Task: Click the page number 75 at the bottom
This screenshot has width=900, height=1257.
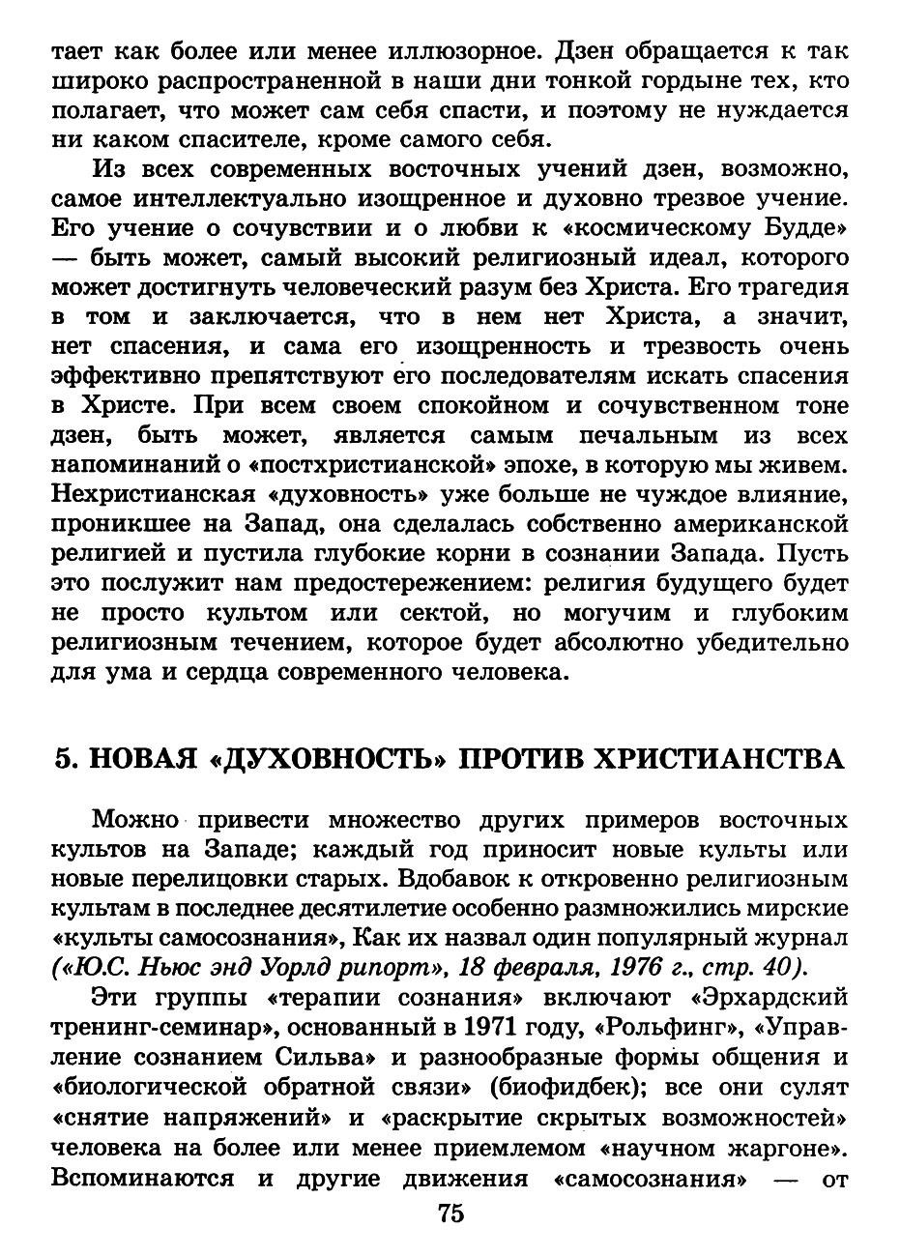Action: [450, 1214]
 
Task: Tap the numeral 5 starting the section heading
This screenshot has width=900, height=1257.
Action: [64, 759]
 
